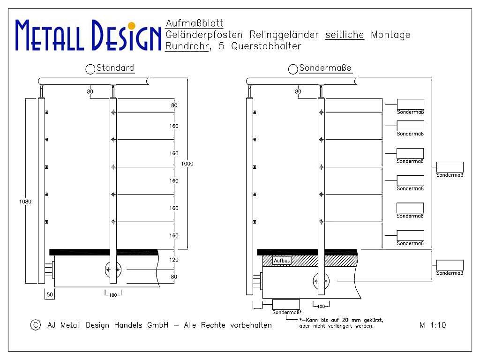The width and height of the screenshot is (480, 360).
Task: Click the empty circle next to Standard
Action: [x=90, y=69]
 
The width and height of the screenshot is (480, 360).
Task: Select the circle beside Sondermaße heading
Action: [x=293, y=69]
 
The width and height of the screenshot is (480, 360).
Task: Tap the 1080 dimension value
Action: [x=25, y=202]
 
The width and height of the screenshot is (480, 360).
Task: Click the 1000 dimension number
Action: [x=187, y=164]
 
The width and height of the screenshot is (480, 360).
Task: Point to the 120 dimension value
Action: [x=174, y=260]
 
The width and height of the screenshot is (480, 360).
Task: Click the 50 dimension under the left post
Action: [x=50, y=294]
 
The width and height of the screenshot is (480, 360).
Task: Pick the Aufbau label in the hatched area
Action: [x=282, y=261]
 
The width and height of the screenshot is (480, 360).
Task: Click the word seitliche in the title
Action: [x=345, y=35]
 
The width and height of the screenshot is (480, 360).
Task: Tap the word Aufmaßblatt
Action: [x=195, y=23]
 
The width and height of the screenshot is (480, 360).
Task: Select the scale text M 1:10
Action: [x=433, y=325]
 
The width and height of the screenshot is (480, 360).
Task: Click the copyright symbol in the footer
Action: [x=36, y=325]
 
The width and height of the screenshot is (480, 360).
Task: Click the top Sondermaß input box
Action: [x=411, y=104]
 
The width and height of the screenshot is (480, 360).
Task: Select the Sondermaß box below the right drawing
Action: [x=286, y=305]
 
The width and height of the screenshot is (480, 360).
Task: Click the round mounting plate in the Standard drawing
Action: [x=113, y=270]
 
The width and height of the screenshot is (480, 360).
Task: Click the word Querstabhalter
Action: [x=266, y=46]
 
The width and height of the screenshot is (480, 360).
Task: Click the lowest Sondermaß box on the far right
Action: [x=450, y=265]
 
